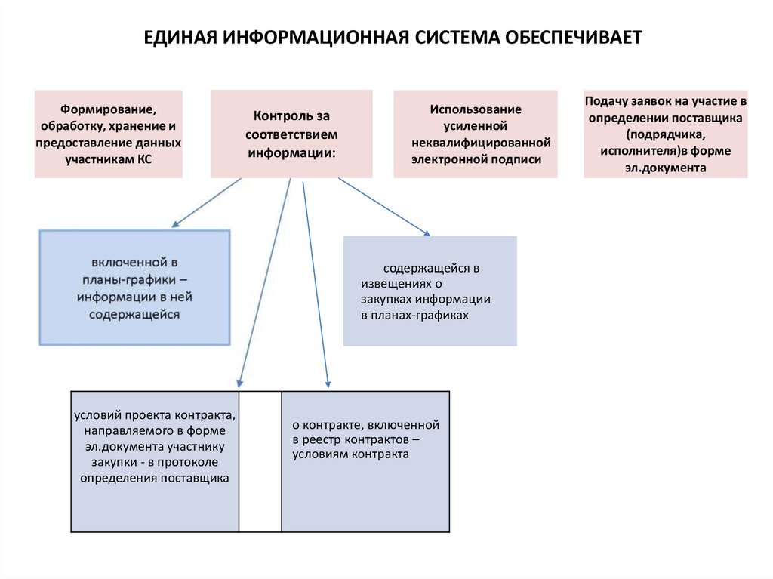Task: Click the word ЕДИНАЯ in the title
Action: (179, 37)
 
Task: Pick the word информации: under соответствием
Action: (291, 152)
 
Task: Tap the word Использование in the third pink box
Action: (476, 109)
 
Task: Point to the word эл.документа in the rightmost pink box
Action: (665, 168)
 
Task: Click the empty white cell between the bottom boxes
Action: (260, 461)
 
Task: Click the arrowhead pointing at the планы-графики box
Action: (175, 224)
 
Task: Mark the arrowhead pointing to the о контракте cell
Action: (328, 384)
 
